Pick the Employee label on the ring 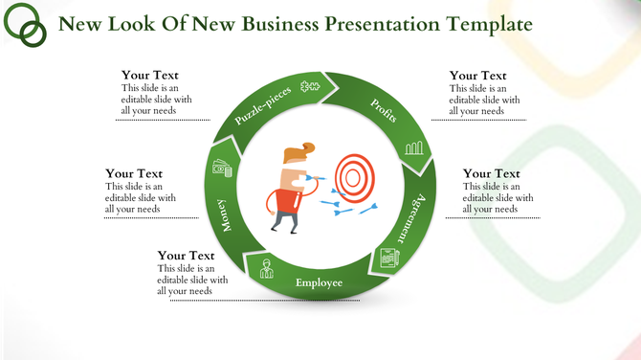pos(319,282)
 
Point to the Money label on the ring pos(224,214)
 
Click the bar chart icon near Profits pos(413,147)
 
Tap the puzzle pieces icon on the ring pos(309,87)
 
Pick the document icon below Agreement pos(388,257)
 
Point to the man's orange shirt pos(284,199)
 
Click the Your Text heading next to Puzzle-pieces pos(150,76)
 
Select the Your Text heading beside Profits pos(478,76)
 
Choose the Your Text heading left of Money pos(134,173)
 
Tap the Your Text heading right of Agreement pos(492,173)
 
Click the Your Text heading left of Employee pos(186,256)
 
